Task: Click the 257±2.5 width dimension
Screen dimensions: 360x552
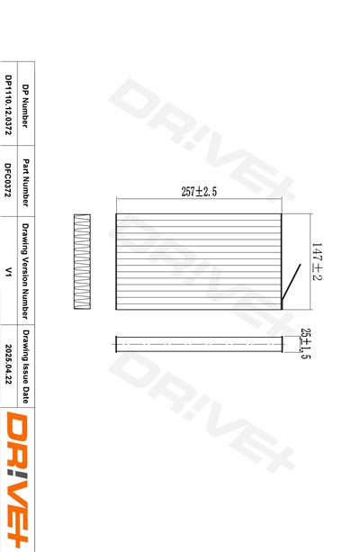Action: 199,192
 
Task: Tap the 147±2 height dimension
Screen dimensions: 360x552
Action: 317,261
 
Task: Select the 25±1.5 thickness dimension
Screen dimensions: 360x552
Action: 305,344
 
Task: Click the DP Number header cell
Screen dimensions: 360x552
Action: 25,106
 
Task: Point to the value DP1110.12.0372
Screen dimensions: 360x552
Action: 8,105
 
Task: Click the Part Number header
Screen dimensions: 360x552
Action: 25,183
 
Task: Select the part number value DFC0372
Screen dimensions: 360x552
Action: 8,179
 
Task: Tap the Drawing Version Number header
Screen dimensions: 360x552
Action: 25,271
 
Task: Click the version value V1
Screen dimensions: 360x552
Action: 8,271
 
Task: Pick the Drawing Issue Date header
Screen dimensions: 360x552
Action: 25,366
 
